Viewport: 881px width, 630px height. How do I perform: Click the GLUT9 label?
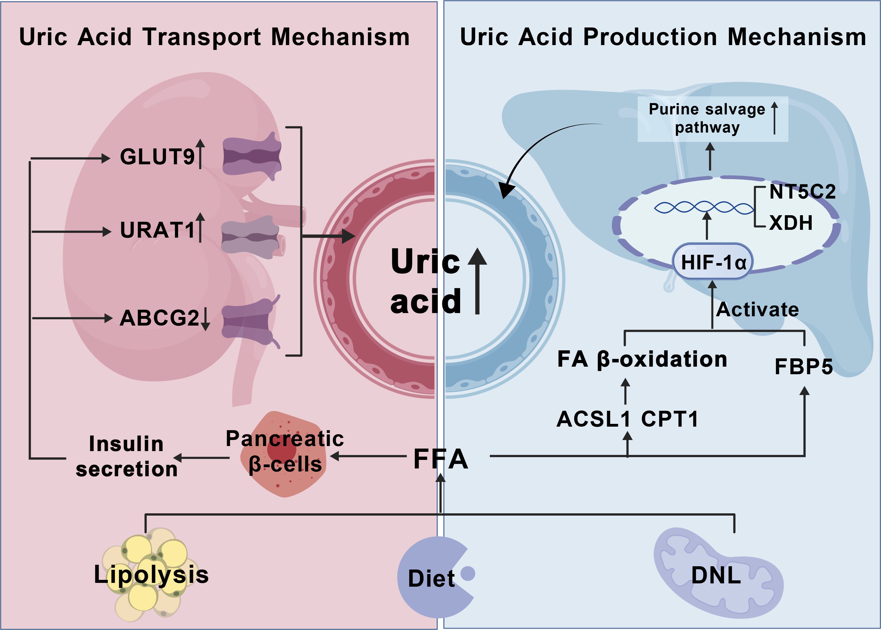coord(157,157)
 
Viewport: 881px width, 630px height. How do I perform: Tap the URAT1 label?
coord(157,230)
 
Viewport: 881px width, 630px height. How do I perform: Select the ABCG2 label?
coord(159,318)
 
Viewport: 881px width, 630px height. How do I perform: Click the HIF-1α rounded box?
coord(713,262)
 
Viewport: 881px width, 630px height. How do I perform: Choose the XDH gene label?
coord(791,223)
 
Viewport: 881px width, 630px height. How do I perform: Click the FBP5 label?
coord(803,367)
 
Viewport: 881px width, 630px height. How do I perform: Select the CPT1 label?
coord(670,419)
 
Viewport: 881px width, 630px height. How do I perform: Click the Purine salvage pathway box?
coord(713,118)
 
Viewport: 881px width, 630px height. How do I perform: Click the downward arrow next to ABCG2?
coord(206,318)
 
